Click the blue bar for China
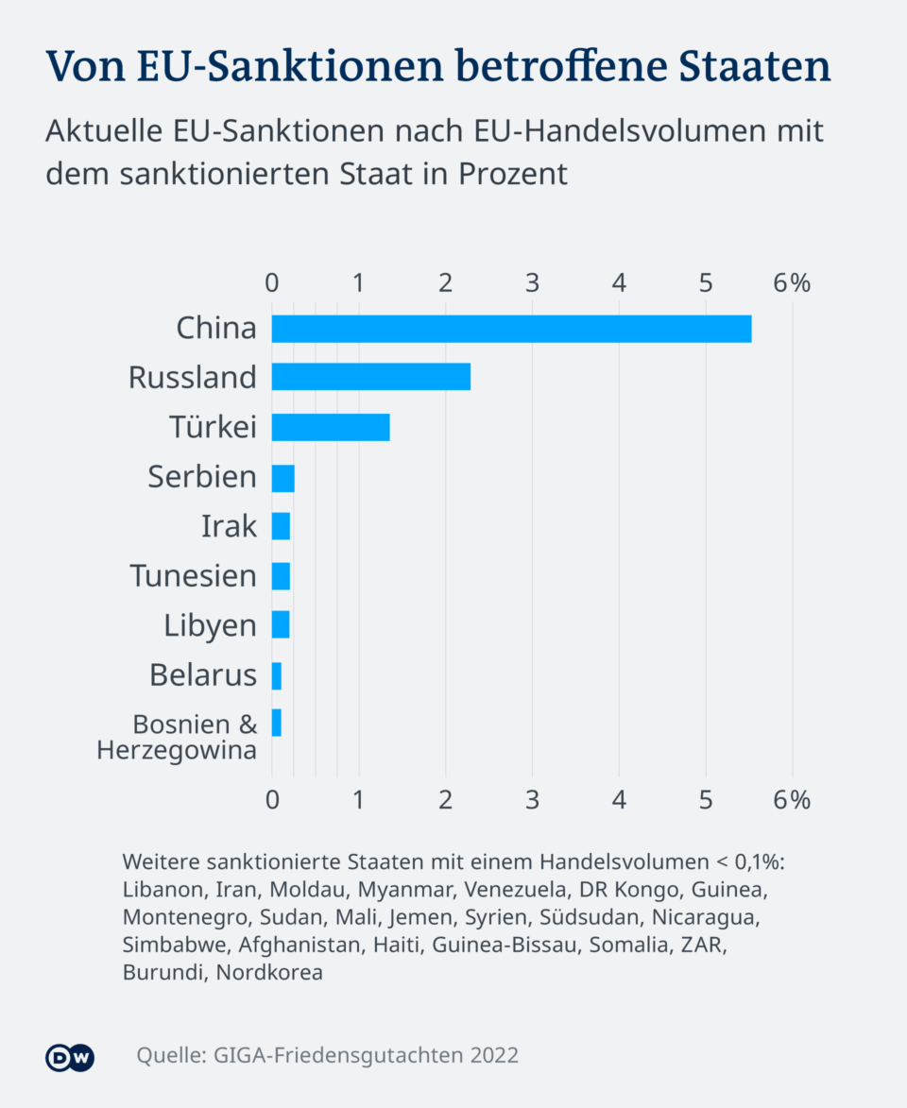coord(511,329)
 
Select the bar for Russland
coord(370,378)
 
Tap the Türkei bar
coord(331,427)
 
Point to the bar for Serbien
coord(282,478)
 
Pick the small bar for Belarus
coord(276,676)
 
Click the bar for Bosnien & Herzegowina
coord(276,724)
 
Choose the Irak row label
coord(229,526)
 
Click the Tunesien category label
coord(194,576)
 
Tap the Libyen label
coord(210,626)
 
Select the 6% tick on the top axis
coord(792,283)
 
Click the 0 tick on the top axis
coord(272,283)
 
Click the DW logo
coord(70,1057)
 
